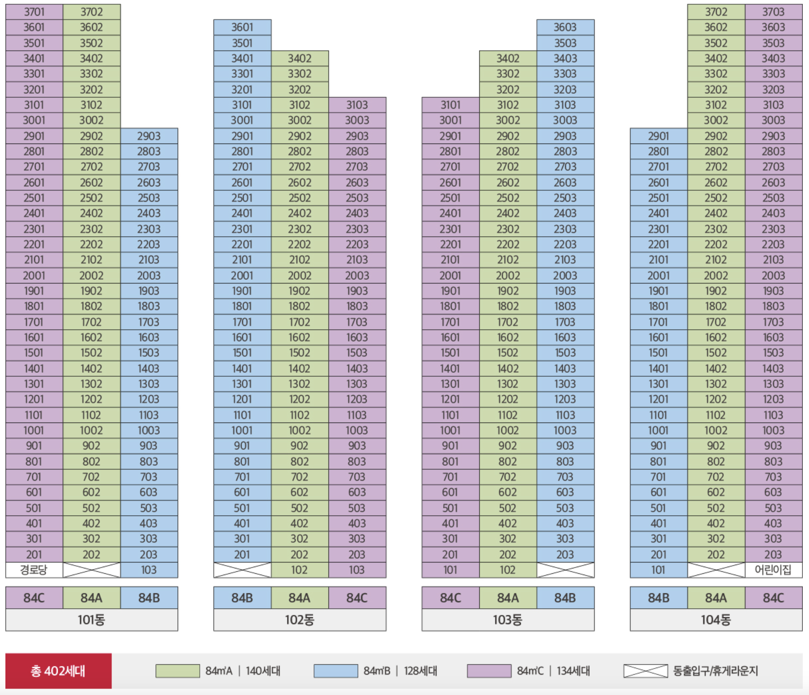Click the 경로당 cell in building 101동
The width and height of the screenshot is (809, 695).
34,570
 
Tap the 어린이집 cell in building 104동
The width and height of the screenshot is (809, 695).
773,570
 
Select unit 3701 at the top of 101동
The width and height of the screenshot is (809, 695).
34,12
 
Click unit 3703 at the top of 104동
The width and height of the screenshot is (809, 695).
773,12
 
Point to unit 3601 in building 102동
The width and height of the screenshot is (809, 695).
242,27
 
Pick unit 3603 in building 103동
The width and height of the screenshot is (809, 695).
565,27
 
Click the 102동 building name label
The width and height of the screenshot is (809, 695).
299,620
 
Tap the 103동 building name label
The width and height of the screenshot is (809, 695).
507,620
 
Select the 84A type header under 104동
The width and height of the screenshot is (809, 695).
716,598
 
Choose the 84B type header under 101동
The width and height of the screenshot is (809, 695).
149,598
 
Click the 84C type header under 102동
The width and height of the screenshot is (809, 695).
357,598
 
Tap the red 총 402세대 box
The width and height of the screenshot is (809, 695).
58,671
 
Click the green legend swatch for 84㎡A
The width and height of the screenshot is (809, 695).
177,671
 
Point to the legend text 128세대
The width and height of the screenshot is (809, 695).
420,671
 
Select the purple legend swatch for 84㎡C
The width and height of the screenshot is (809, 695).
489,671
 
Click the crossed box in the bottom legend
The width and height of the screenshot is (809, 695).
645,671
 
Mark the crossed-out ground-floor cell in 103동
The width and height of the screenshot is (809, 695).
565,570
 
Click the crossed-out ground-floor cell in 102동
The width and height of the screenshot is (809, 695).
242,570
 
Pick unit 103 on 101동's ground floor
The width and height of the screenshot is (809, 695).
149,570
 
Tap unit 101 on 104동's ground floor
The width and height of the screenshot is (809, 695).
658,570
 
